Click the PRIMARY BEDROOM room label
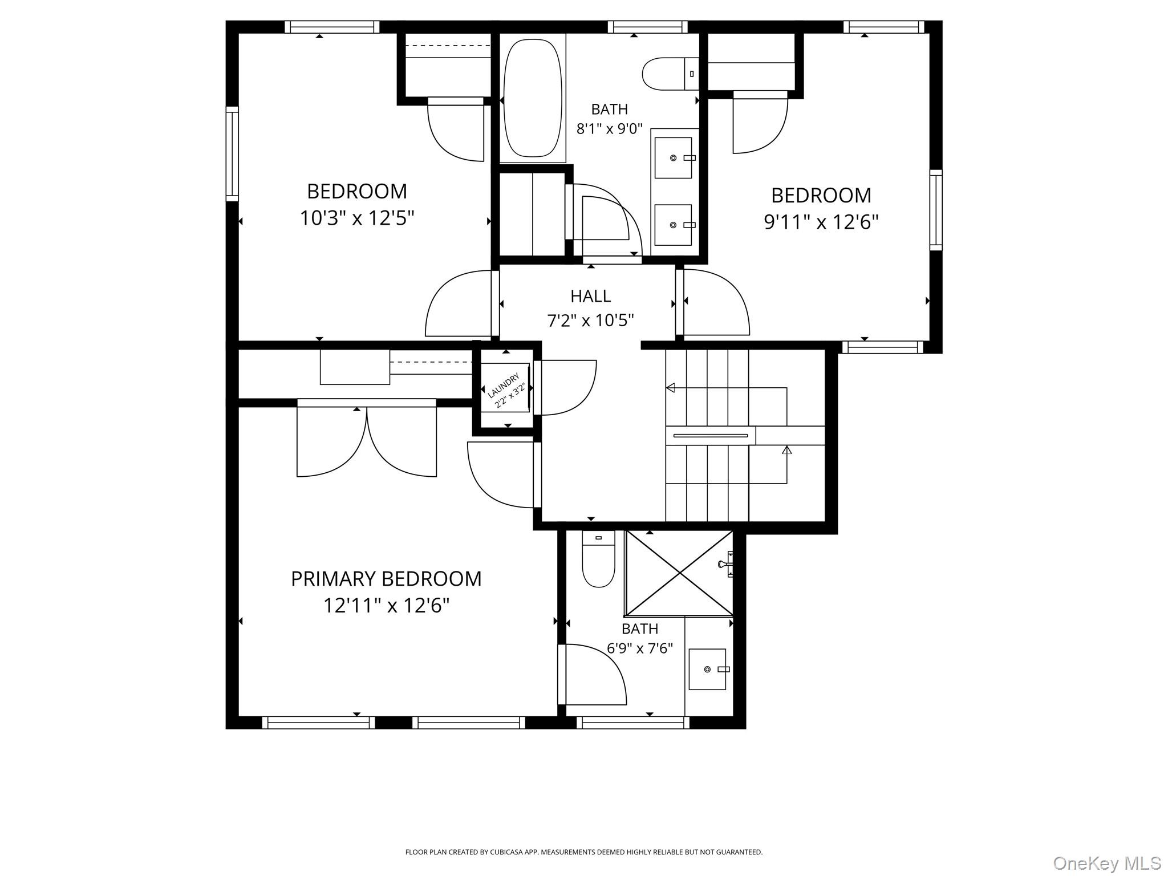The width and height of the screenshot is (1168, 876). pyautogui.click(x=386, y=579)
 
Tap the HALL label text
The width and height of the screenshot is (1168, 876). pyautogui.click(x=590, y=296)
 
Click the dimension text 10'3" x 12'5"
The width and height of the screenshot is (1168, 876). pyautogui.click(x=357, y=218)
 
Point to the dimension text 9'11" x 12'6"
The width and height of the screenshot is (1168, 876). pyautogui.click(x=821, y=222)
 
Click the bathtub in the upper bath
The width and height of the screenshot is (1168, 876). pyautogui.click(x=533, y=98)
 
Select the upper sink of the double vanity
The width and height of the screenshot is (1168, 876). pyautogui.click(x=673, y=158)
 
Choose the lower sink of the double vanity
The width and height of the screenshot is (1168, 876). pyautogui.click(x=673, y=225)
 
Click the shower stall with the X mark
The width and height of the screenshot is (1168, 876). pyautogui.click(x=679, y=573)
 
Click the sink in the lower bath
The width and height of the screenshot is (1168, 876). pyautogui.click(x=707, y=669)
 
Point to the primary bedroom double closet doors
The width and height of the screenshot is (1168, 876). pyautogui.click(x=367, y=439)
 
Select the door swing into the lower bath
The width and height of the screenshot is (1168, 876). pyautogui.click(x=593, y=676)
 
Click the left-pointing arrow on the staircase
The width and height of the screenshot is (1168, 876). pyautogui.click(x=671, y=388)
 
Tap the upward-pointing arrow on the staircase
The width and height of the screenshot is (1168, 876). pyautogui.click(x=787, y=450)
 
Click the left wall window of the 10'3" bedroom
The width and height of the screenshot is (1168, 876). pyautogui.click(x=232, y=154)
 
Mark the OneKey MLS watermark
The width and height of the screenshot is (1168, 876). pyautogui.click(x=1106, y=863)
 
